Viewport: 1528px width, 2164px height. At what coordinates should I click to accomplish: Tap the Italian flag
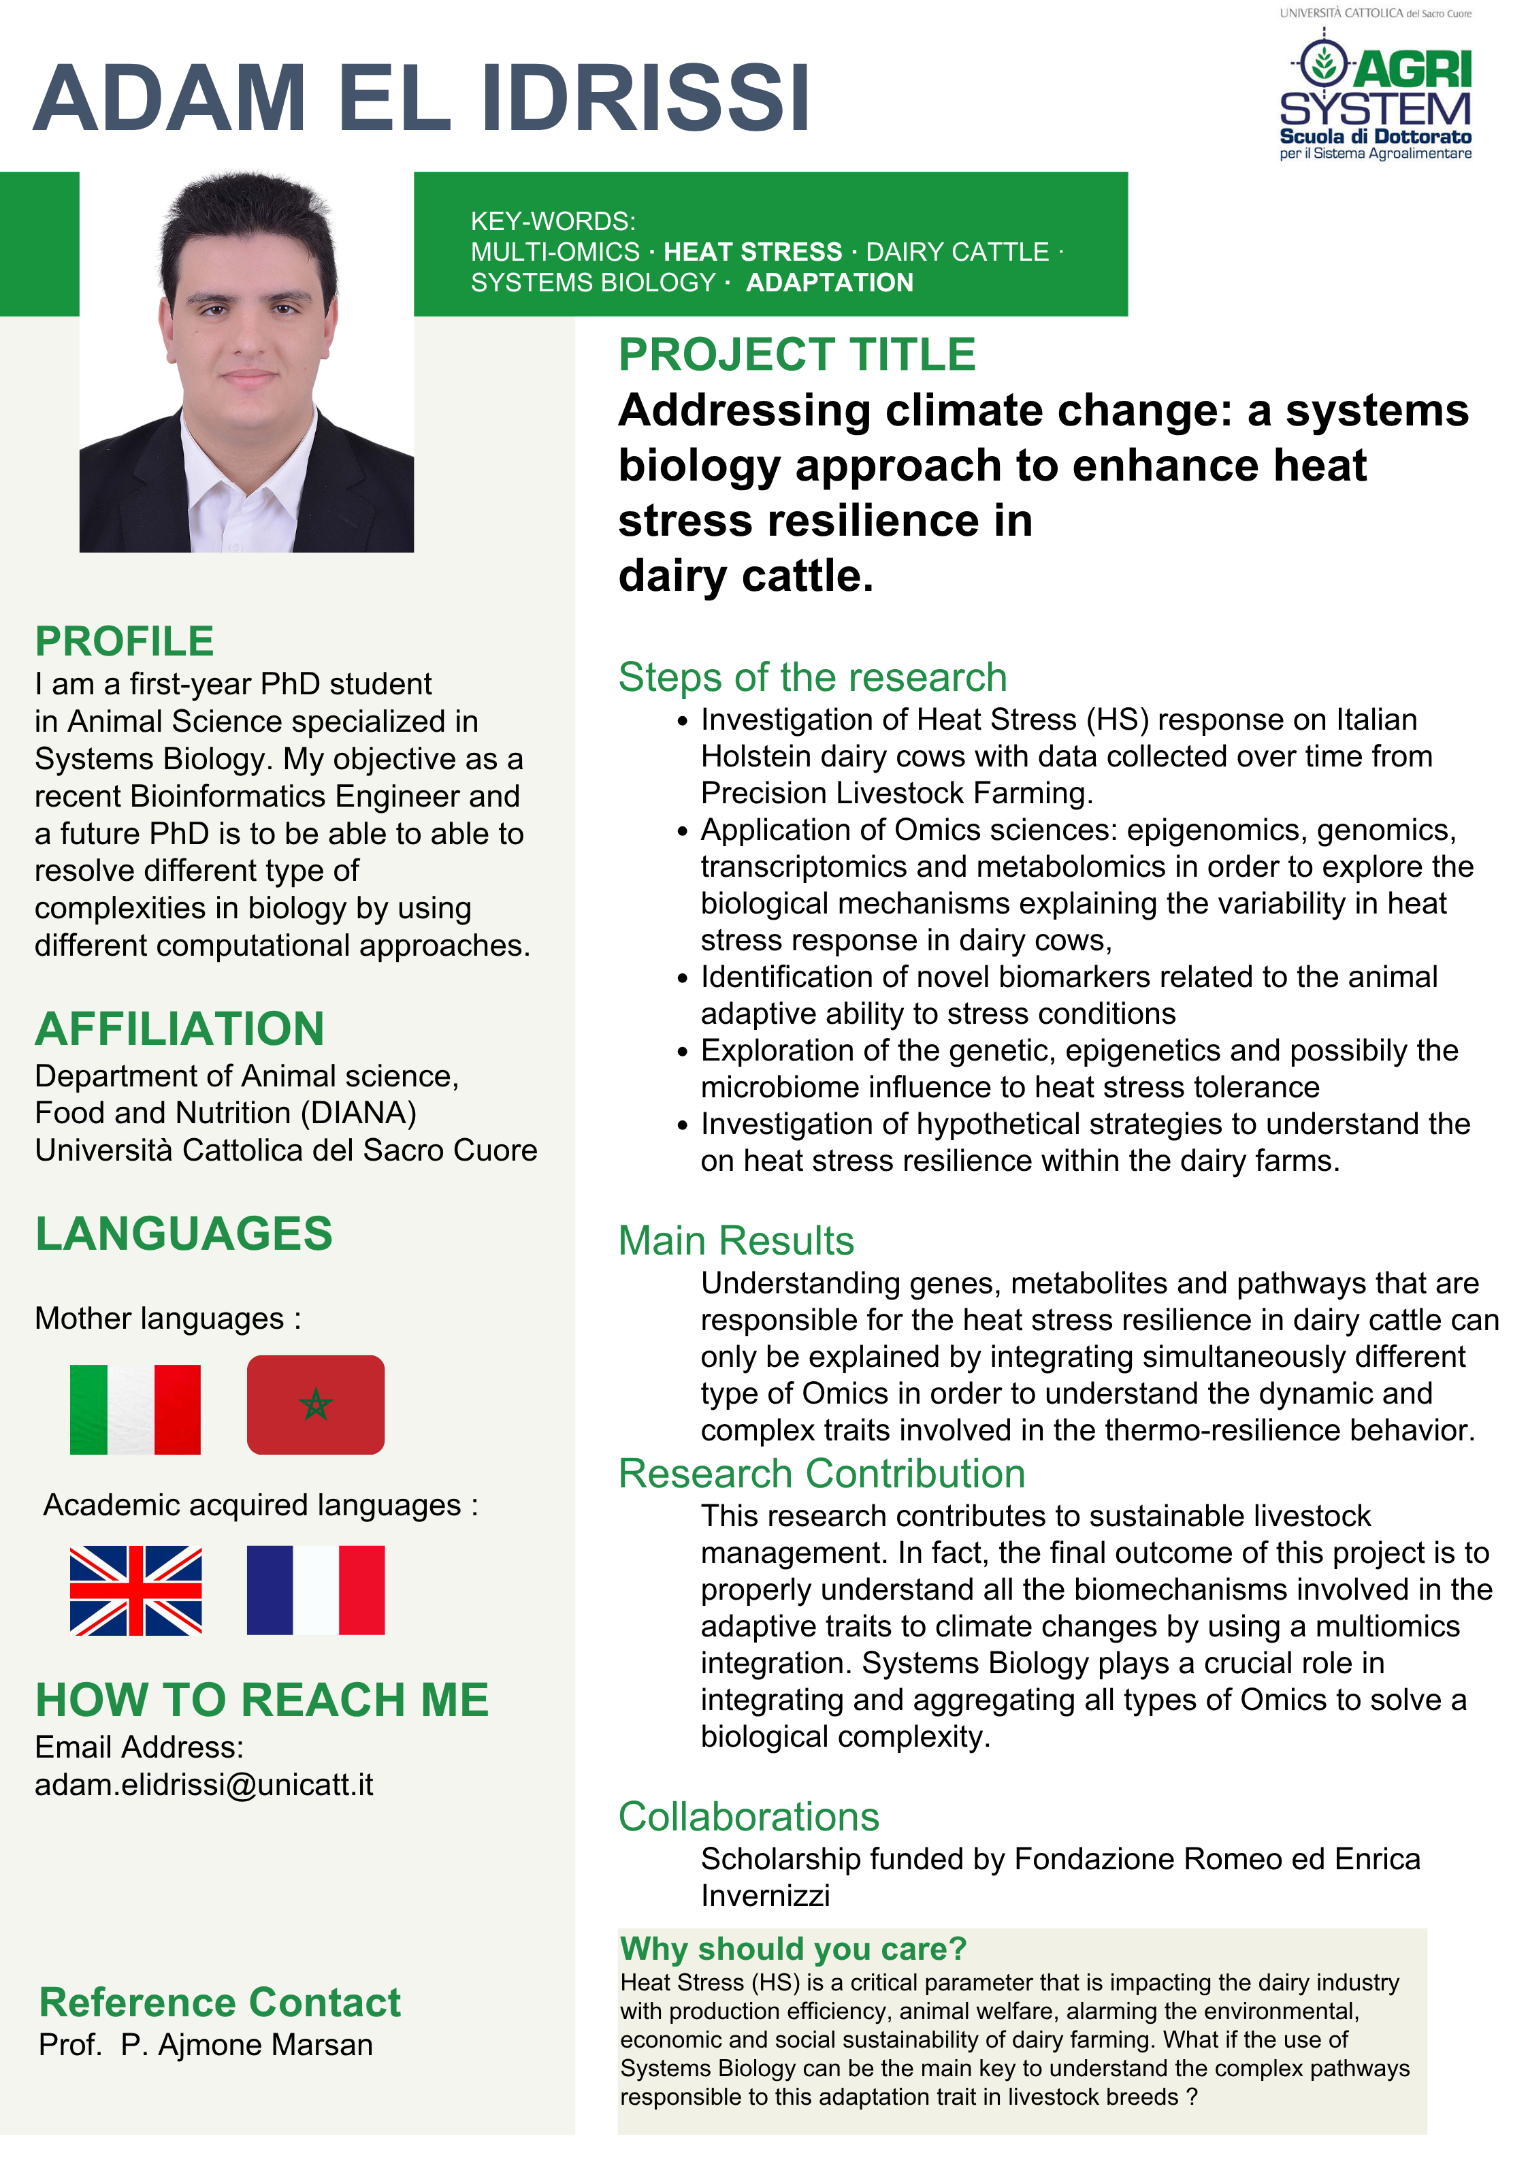(x=135, y=1409)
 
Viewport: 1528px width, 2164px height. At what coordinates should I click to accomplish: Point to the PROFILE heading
(x=125, y=642)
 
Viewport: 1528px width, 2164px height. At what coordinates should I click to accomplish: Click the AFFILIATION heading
(x=179, y=1029)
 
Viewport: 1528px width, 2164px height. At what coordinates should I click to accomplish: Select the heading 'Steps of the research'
(x=811, y=678)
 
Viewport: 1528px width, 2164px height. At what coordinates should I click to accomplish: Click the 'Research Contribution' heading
(x=821, y=1473)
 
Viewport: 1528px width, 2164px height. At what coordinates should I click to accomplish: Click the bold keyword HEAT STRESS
(x=752, y=252)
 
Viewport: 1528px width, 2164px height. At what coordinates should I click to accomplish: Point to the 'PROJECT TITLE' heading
(x=796, y=355)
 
